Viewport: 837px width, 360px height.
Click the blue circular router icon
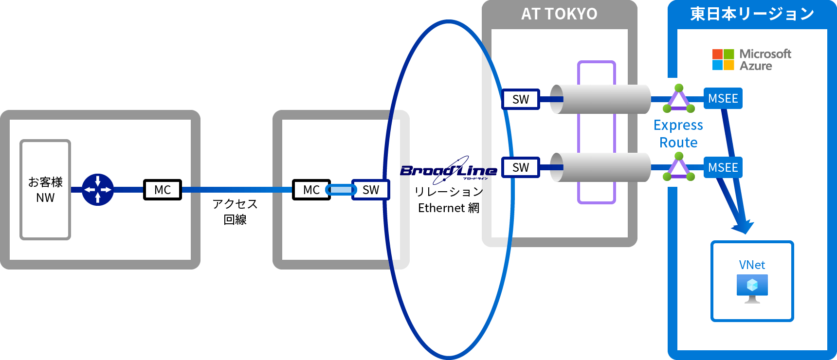coord(98,190)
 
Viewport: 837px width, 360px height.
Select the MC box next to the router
coord(163,190)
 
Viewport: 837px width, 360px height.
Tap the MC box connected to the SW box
coord(311,190)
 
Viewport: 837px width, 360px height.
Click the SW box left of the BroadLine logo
coord(371,190)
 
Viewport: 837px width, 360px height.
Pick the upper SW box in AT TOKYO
coord(521,99)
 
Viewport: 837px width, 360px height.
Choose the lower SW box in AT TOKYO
coord(521,167)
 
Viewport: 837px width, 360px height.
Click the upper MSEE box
coord(723,99)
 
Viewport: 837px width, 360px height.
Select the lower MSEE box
coord(723,167)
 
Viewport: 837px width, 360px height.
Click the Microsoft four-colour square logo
coord(723,60)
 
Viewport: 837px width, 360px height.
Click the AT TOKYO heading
coord(559,14)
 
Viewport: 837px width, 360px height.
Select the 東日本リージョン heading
coord(752,14)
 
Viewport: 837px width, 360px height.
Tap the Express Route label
coord(678,134)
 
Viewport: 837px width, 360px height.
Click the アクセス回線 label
coord(235,212)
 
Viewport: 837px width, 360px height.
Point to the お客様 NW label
coord(45,190)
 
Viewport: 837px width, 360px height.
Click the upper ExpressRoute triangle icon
coord(678,99)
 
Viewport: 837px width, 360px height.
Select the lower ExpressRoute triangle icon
coord(678,167)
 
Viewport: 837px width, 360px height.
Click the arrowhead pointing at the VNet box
coord(743,226)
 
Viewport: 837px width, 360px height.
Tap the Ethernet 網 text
coord(449,208)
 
